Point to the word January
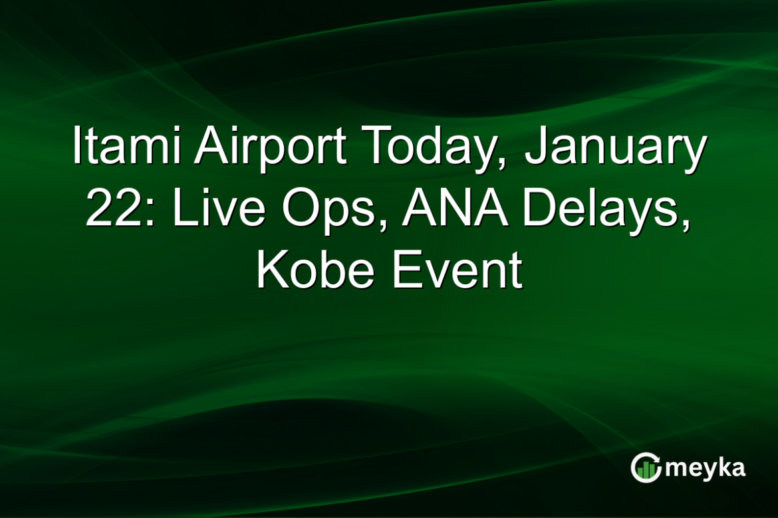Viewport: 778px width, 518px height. tap(615, 147)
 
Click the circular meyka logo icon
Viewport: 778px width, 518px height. tap(645, 468)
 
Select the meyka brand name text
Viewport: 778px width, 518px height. tap(705, 469)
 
